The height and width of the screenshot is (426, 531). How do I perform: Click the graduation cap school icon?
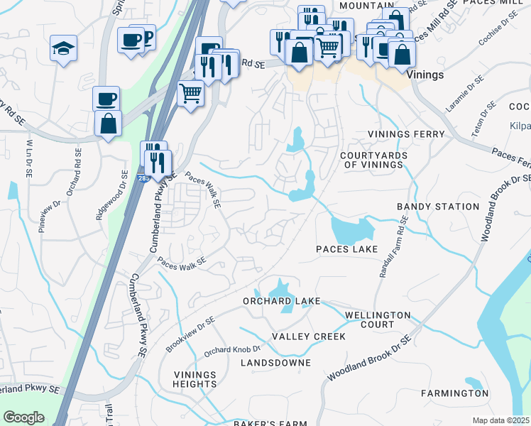(x=63, y=49)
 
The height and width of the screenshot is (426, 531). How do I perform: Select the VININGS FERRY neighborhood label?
(x=406, y=134)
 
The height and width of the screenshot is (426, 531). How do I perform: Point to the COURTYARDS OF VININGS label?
(x=371, y=160)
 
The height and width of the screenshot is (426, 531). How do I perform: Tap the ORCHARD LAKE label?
(x=281, y=300)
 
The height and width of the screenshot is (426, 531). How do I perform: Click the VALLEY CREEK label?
(x=309, y=337)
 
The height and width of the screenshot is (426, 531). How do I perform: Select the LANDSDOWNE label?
(x=275, y=363)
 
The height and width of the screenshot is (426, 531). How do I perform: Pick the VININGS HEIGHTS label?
(x=195, y=379)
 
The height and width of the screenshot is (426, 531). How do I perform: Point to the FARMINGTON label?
(x=454, y=393)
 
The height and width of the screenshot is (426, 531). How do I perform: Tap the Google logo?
(x=23, y=417)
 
